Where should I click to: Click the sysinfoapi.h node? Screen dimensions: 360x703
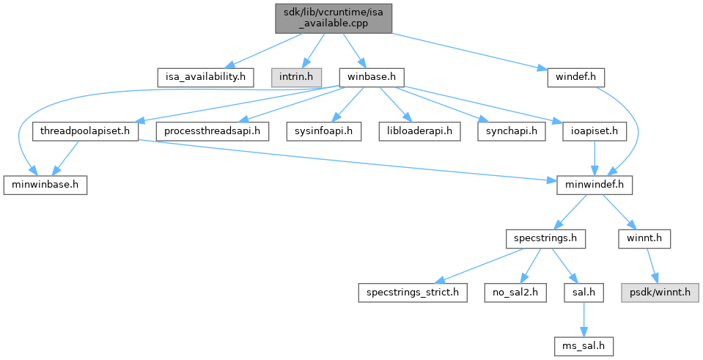pos(329,132)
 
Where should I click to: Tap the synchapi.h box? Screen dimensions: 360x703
pos(506,132)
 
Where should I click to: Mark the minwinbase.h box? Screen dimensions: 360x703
pos(45,185)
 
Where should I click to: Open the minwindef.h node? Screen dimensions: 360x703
pos(593,185)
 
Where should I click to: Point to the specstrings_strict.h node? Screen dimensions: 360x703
pos(412,293)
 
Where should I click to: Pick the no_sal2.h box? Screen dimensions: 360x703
pos(512,293)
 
